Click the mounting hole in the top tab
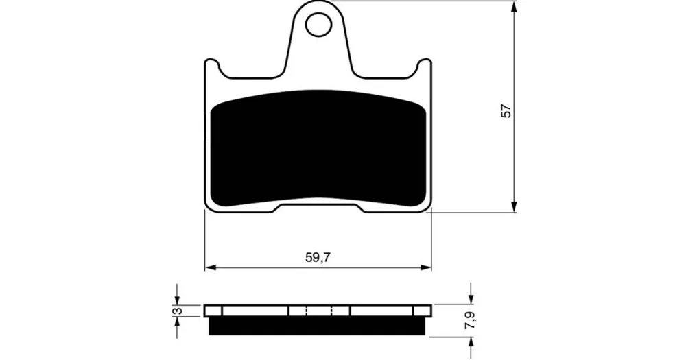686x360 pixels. click(x=318, y=25)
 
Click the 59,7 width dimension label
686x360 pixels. click(x=318, y=258)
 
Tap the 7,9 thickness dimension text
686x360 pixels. click(x=471, y=321)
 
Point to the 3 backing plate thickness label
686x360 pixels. click(x=177, y=311)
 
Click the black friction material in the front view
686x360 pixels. click(x=318, y=149)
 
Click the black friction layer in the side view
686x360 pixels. click(x=318, y=326)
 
